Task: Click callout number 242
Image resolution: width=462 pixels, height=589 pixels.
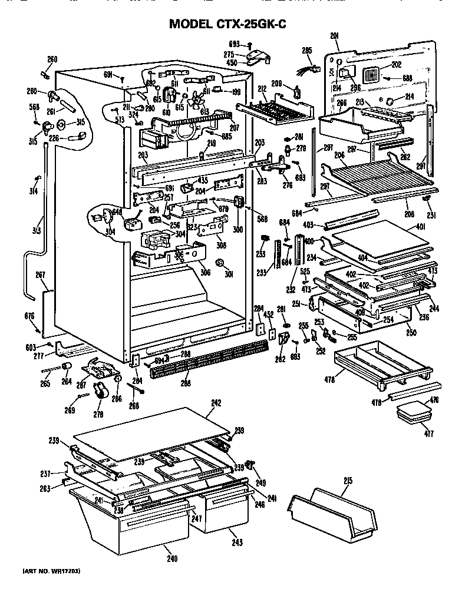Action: pyautogui.click(x=216, y=403)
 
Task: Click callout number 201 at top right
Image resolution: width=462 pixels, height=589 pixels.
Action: pyautogui.click(x=335, y=37)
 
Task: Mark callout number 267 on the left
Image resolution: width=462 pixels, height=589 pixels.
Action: pyautogui.click(x=41, y=274)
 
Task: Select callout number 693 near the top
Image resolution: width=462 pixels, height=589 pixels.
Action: pyautogui.click(x=235, y=44)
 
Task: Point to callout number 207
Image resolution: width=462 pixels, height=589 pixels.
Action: pyautogui.click(x=234, y=127)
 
